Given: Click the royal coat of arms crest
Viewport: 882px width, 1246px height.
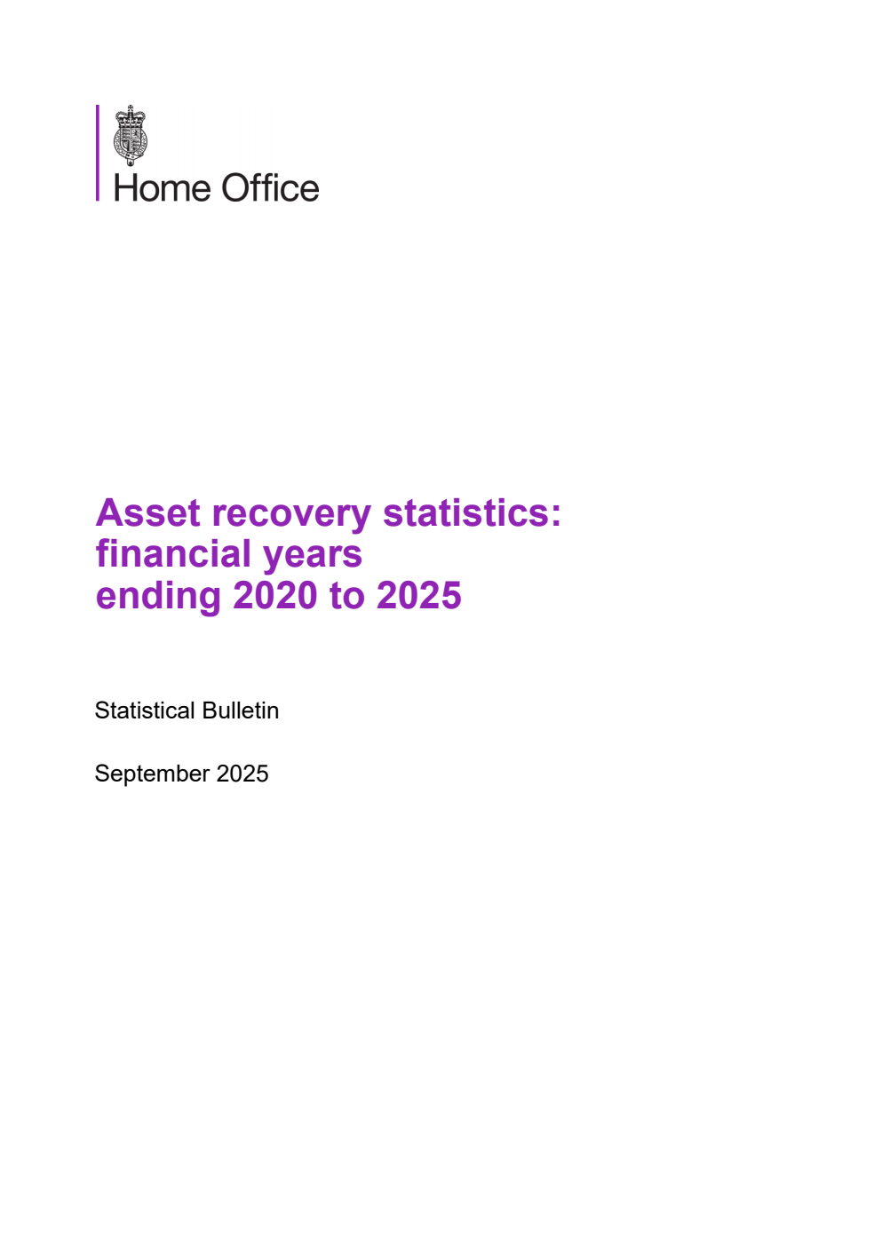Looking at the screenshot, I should click(x=131, y=136).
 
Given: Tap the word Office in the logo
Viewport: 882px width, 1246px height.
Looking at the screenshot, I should click(x=270, y=188).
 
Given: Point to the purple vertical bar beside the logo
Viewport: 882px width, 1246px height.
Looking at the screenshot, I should click(x=98, y=153).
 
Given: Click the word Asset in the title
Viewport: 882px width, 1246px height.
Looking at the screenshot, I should click(x=147, y=513).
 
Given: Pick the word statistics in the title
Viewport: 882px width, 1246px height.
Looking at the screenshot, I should click(x=465, y=513).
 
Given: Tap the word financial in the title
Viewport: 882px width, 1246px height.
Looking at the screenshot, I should click(x=173, y=554).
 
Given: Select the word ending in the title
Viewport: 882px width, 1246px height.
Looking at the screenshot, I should click(x=158, y=597).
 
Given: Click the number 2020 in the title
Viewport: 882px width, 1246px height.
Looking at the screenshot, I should click(x=275, y=596).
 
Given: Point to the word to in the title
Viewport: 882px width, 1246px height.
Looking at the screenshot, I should click(x=346, y=597).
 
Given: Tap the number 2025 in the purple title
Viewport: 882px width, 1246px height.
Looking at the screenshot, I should click(x=419, y=596).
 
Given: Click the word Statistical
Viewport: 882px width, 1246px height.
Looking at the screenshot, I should click(x=145, y=710).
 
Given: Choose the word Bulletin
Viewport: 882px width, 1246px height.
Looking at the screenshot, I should click(x=241, y=710).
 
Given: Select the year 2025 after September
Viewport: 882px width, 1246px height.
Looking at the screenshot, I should click(x=242, y=774).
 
